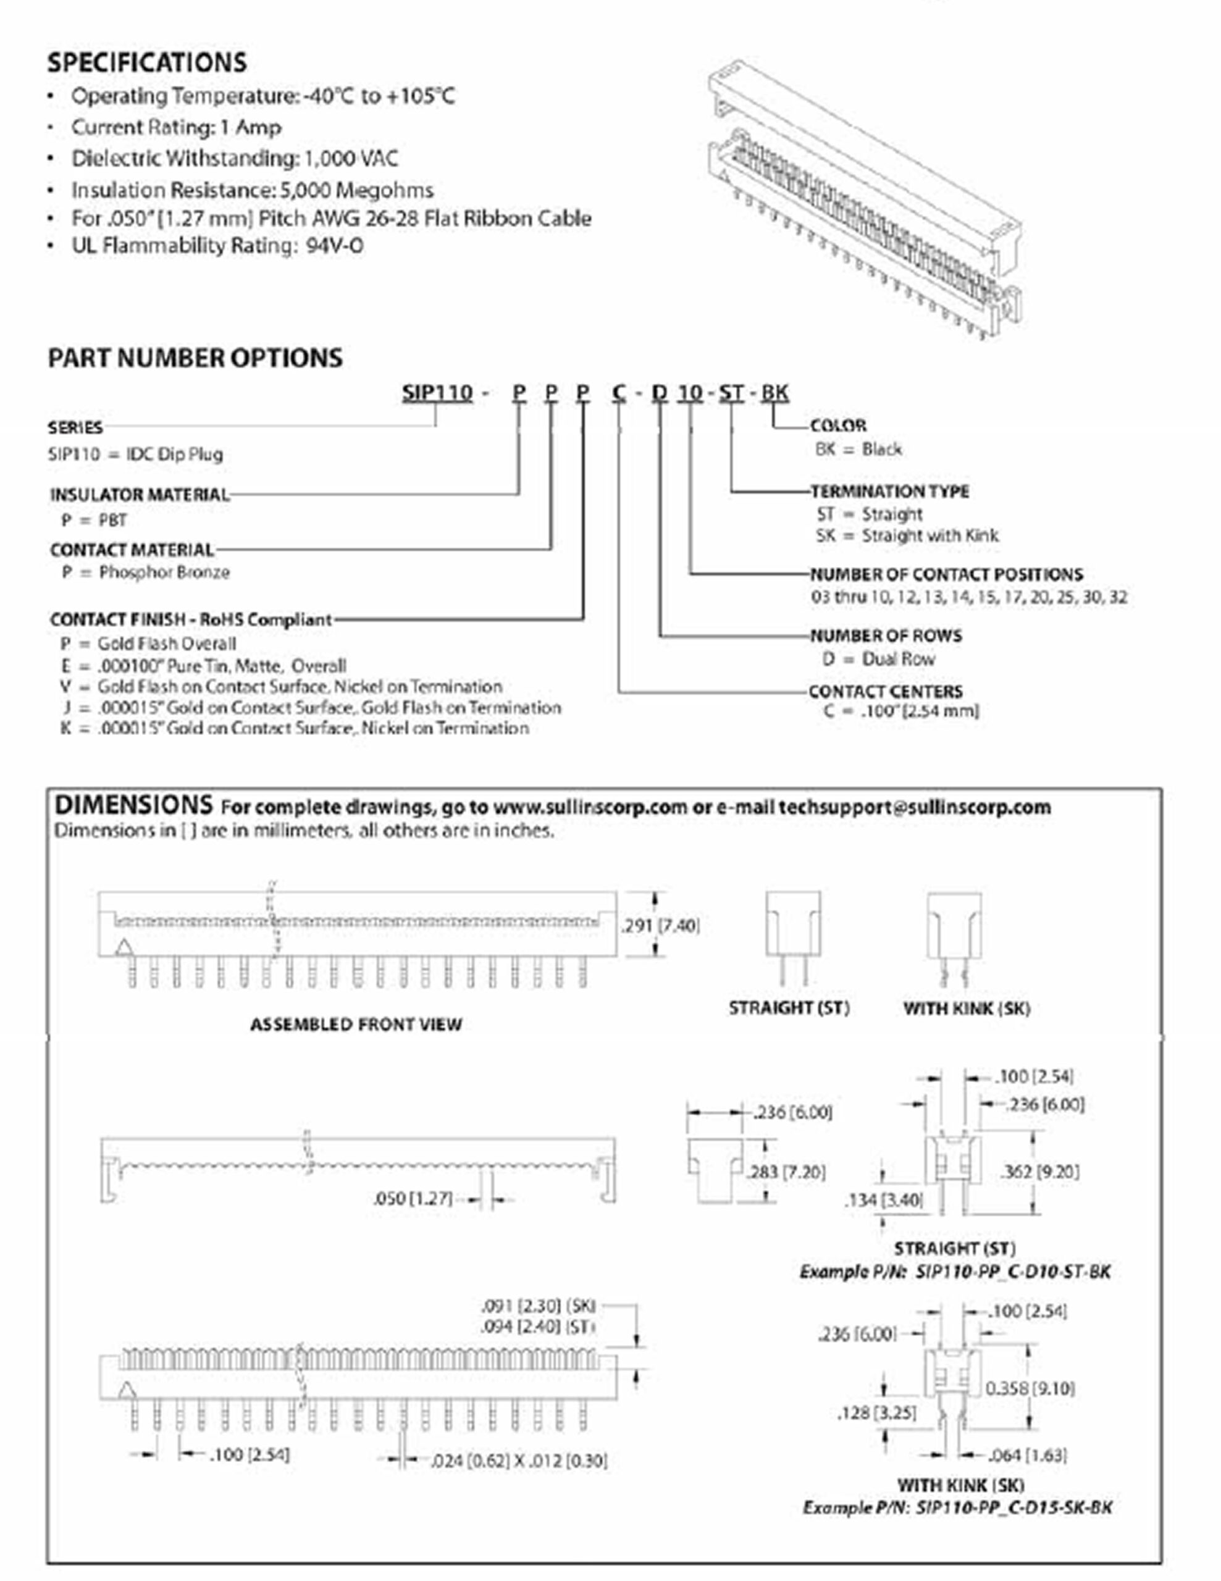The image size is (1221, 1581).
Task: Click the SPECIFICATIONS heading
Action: pos(147,62)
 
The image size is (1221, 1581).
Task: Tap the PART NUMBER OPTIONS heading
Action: pos(195,358)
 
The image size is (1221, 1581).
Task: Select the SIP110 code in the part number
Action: pos(437,392)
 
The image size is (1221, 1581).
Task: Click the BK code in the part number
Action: pos(775,392)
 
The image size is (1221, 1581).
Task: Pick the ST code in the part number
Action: pos(731,392)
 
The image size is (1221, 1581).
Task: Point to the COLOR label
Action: pos(838,426)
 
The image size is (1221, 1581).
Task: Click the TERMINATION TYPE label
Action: pos(889,492)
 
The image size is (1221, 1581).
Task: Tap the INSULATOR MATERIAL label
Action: pos(140,495)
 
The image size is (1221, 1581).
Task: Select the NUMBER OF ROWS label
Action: pos(886,635)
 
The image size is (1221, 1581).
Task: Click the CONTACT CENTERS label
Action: pos(886,691)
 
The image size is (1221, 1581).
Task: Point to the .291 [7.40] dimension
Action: pos(661,925)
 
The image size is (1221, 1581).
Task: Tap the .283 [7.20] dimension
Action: pos(787,1172)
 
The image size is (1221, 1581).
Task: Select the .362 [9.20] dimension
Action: pos(1039,1172)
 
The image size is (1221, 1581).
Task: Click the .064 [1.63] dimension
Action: pos(1027,1455)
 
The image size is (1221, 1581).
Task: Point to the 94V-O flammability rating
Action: pos(334,246)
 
